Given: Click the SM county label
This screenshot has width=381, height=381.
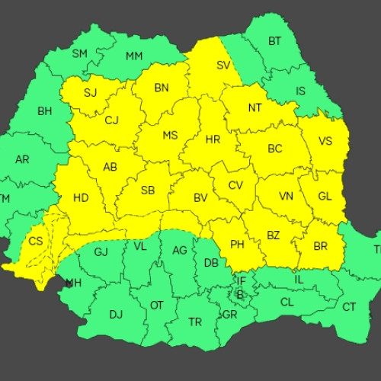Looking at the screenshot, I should click(x=79, y=53).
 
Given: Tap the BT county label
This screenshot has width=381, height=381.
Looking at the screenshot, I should click(x=274, y=41).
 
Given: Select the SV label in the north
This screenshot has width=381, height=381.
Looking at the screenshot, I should click(x=223, y=66).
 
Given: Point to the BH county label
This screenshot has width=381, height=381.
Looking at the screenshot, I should click(x=44, y=111).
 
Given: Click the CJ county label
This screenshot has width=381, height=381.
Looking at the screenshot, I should click(x=112, y=120).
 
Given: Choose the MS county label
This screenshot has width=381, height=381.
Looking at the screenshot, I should click(x=171, y=136).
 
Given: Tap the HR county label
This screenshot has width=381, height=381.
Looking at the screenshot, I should click(x=213, y=140).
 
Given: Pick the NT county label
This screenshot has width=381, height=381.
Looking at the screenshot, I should click(x=255, y=107).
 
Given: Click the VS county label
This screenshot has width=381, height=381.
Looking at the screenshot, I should click(x=325, y=141).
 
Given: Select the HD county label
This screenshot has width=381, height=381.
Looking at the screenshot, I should click(x=81, y=198).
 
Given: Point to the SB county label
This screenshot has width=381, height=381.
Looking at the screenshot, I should click(x=148, y=190).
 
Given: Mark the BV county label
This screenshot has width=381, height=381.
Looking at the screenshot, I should click(x=200, y=198).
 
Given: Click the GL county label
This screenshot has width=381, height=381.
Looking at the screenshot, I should click(x=325, y=196).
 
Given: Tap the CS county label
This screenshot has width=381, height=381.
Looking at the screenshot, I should click(x=36, y=241).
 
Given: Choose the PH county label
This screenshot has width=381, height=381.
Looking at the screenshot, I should click(x=237, y=245).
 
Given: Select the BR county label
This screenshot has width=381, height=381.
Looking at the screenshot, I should click(x=320, y=246).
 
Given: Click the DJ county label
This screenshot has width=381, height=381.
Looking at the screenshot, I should click(x=116, y=314).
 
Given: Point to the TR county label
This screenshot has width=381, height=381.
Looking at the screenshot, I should click(x=195, y=322).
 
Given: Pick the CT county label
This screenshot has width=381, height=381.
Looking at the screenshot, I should click(x=349, y=307).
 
